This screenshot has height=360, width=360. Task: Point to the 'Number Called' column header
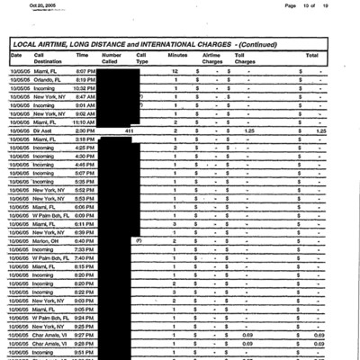pos(111,58)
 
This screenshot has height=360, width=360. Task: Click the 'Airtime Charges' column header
pos(211,58)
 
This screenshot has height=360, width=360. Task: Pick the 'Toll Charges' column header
pos(245,58)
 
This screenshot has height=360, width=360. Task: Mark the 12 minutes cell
pos(175,71)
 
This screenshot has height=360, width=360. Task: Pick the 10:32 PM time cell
pos(85,88)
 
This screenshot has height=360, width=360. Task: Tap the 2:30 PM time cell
pos(85,131)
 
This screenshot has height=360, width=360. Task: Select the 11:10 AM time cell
pos(85,122)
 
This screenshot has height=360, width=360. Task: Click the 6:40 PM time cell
pos(85,241)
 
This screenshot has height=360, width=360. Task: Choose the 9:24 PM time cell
pos(85,318)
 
